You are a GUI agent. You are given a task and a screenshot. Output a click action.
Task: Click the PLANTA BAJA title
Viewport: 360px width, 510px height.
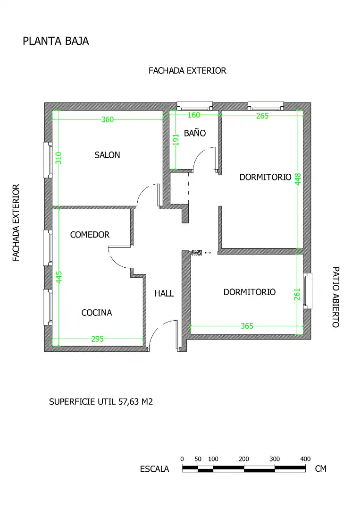tap(56, 41)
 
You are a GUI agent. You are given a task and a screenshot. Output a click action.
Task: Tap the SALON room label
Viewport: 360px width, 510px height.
tap(107, 155)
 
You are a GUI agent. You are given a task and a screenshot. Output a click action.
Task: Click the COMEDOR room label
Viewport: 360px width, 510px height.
tap(90, 235)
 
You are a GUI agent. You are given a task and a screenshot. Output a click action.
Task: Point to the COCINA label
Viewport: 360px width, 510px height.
tap(97, 313)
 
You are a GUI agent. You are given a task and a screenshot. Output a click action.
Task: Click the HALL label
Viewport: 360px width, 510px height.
tap(164, 293)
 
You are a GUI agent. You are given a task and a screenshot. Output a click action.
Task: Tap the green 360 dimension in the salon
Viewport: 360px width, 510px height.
tap(108, 119)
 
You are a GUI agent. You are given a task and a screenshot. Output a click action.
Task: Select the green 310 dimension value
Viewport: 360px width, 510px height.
tap(59, 158)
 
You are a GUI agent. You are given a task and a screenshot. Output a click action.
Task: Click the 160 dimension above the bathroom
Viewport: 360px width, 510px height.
tap(193, 115)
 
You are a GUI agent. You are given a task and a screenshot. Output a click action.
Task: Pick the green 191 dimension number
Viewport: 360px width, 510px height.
tap(176, 139)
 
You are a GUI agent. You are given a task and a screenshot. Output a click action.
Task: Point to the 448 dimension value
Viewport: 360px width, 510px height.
tap(298, 179)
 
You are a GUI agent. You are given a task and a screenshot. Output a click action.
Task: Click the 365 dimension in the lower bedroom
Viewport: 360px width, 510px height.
tap(247, 326)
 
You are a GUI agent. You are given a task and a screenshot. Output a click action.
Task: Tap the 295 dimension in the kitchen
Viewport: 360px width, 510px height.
tap(98, 339)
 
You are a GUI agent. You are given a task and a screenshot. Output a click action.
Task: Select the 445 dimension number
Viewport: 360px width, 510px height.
tap(59, 278)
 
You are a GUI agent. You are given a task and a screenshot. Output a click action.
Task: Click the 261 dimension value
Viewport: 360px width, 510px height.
tap(297, 294)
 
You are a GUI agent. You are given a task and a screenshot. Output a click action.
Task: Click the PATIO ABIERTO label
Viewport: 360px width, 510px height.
tap(336, 297)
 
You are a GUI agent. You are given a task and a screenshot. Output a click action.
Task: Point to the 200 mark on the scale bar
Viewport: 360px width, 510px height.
tap(243, 459)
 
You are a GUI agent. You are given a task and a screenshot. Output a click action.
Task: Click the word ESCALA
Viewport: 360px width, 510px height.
tap(154, 469)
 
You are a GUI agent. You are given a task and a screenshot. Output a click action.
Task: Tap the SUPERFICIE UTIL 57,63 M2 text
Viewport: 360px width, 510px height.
tap(100, 402)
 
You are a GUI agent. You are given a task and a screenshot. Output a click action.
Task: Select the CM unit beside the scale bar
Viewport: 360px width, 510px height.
tap(321, 469)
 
